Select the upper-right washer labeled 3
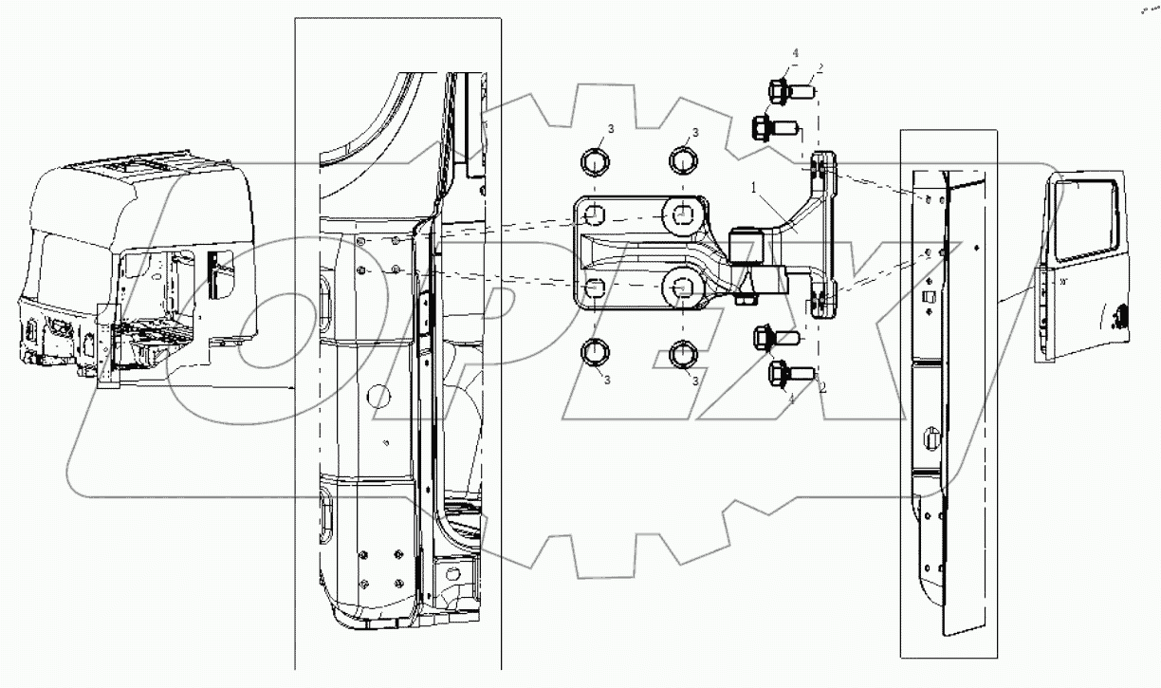[x=685, y=159]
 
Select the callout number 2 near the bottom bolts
[x=823, y=387]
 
